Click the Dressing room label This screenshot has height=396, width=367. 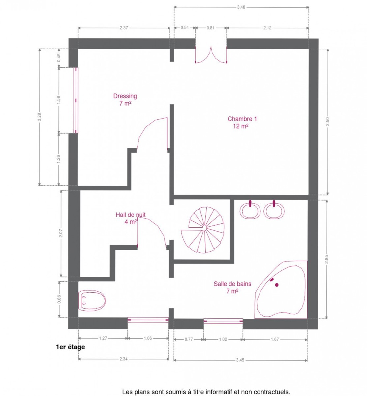(125, 100)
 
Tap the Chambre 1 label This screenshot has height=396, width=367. (242, 122)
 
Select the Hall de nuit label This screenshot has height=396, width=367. (131, 218)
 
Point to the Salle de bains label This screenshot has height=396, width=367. (232, 287)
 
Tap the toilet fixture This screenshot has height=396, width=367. (92, 301)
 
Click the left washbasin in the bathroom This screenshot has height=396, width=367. (250, 210)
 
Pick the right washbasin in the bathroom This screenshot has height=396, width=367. (274, 210)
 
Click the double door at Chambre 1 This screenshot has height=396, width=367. (211, 55)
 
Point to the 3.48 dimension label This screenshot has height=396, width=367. (241, 7)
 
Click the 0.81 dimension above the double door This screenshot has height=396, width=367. (210, 28)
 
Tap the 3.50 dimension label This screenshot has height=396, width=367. (327, 122)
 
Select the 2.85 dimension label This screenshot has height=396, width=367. (326, 259)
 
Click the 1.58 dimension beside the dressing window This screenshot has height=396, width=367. (58, 100)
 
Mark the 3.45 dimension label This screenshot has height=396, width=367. (240, 360)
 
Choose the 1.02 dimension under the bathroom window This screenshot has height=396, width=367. (223, 339)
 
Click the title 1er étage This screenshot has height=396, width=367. (71, 347)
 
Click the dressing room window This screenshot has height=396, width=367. (76, 100)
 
